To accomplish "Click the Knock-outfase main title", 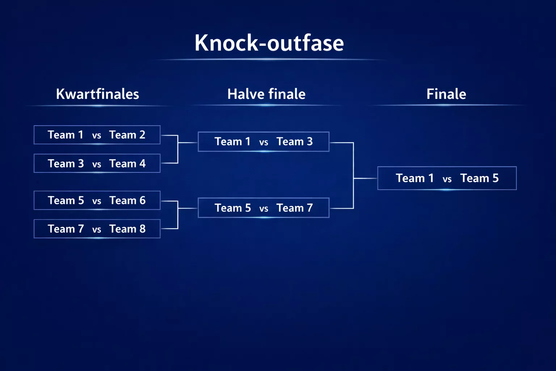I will coord(269,43).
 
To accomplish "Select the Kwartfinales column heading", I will coord(97,94).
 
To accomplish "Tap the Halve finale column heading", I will coord(266,94).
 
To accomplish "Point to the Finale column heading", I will coord(446,94).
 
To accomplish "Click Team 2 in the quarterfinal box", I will coord(127,135).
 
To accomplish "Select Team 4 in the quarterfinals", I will coord(127,164).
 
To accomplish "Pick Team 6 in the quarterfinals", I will coord(127,200).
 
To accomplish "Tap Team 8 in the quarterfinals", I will coord(127,229).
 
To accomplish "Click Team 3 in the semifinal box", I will coord(294,142).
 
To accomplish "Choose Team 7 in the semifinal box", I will coord(294,208).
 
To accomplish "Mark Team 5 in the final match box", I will coord(479,178).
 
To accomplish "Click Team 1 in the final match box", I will coord(414,178).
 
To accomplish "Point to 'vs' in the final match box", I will coord(447,179).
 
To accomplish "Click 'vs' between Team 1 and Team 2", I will coord(97,136).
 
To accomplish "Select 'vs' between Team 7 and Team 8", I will coord(97,230).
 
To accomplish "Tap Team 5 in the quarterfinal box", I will coord(66,200).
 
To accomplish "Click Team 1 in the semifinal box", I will coord(232,142).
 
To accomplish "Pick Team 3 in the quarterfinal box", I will coord(66,164).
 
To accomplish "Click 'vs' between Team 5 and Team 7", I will coord(264,209).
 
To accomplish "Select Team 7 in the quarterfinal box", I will coord(66,229).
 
